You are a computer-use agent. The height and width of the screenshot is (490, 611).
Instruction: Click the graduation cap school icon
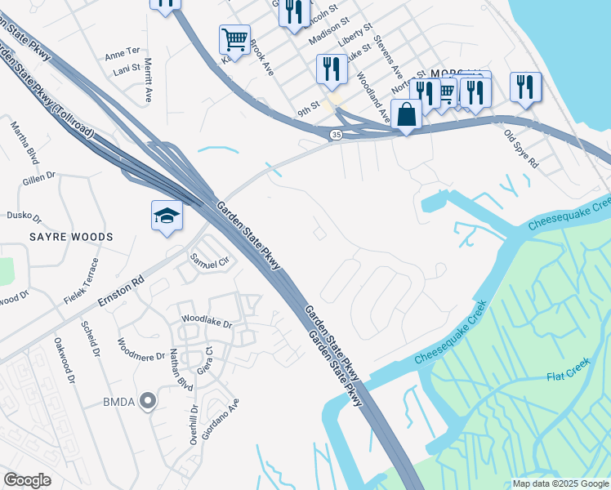click(x=167, y=216)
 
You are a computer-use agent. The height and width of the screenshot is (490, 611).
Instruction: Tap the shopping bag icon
click(x=407, y=115)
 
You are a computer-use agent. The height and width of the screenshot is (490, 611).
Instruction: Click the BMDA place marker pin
click(x=148, y=400)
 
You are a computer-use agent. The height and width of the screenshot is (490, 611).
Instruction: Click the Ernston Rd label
click(x=121, y=290)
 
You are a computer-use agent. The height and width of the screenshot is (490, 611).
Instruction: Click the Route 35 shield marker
click(x=336, y=134)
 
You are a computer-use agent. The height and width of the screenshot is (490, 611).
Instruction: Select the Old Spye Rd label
click(x=521, y=149)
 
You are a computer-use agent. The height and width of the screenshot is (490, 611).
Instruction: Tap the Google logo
click(x=28, y=479)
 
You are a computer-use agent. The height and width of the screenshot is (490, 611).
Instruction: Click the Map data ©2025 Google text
click(x=560, y=483)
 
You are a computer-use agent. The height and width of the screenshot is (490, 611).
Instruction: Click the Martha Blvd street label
click(x=25, y=142)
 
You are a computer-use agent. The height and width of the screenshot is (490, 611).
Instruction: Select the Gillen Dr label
click(x=39, y=174)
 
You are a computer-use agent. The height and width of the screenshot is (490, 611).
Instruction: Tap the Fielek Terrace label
click(x=82, y=282)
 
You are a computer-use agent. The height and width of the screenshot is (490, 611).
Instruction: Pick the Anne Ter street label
click(x=123, y=55)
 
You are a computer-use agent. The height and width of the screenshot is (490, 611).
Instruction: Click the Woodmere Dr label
click(x=141, y=354)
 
